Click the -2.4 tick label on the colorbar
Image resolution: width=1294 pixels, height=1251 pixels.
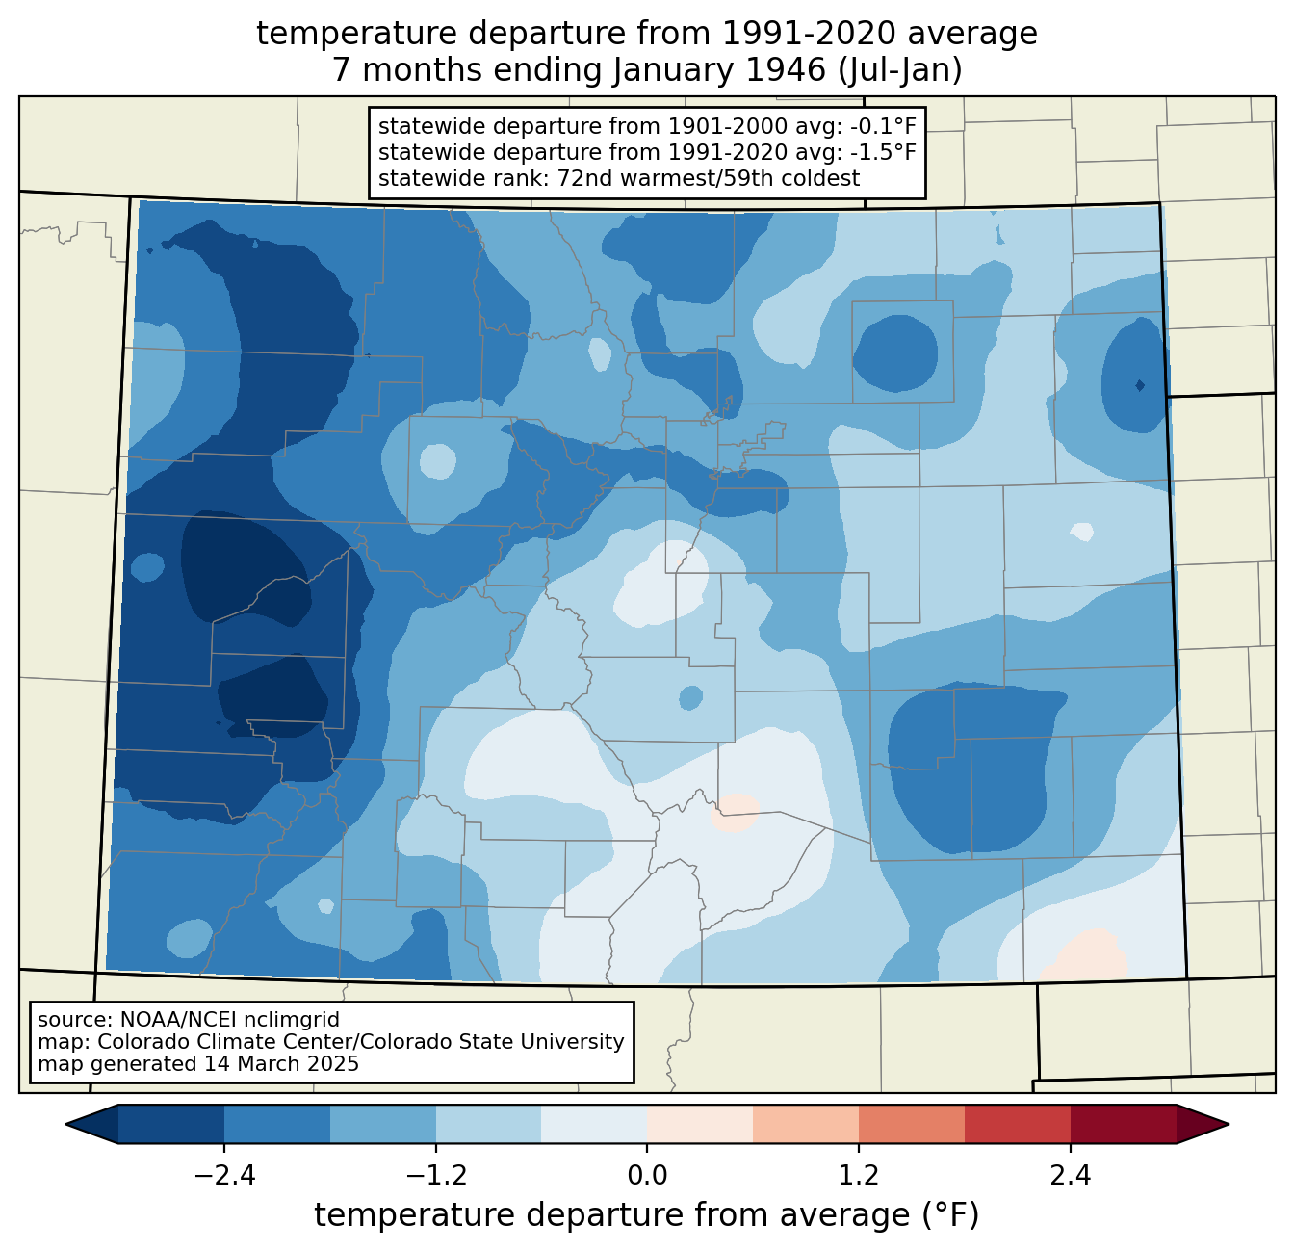pos(224,1175)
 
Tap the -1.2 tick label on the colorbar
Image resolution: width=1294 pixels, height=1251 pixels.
pos(436,1175)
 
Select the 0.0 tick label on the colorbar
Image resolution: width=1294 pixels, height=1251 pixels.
pos(647,1175)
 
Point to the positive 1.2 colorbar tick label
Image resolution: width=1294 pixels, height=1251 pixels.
pos(859,1175)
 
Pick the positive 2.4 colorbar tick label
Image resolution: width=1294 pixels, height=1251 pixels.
pos(1071,1175)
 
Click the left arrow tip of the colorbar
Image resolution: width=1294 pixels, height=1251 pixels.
pos(65,1125)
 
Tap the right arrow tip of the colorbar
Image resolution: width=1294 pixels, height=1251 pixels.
pos(1229,1125)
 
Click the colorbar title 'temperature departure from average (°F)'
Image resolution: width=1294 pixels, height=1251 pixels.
pos(646,1214)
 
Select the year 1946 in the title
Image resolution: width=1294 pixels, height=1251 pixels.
pos(787,70)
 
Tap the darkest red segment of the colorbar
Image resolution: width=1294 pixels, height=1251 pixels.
pos(1124,1125)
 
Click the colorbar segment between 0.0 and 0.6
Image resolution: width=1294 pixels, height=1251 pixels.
pos(700,1125)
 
